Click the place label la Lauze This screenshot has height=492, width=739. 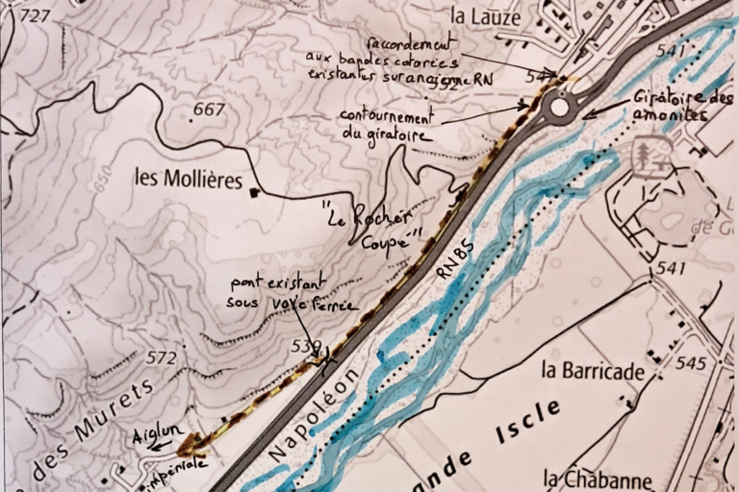[x=486, y=16]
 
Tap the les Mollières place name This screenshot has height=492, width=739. [x=189, y=179]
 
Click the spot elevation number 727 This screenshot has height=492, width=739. [x=34, y=15]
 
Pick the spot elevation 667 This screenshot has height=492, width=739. [x=208, y=110]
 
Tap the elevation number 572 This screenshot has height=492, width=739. [x=162, y=358]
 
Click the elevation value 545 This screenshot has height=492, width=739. [x=690, y=363]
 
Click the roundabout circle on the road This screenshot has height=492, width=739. [x=559, y=106]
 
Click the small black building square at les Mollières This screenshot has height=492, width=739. [x=254, y=193]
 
